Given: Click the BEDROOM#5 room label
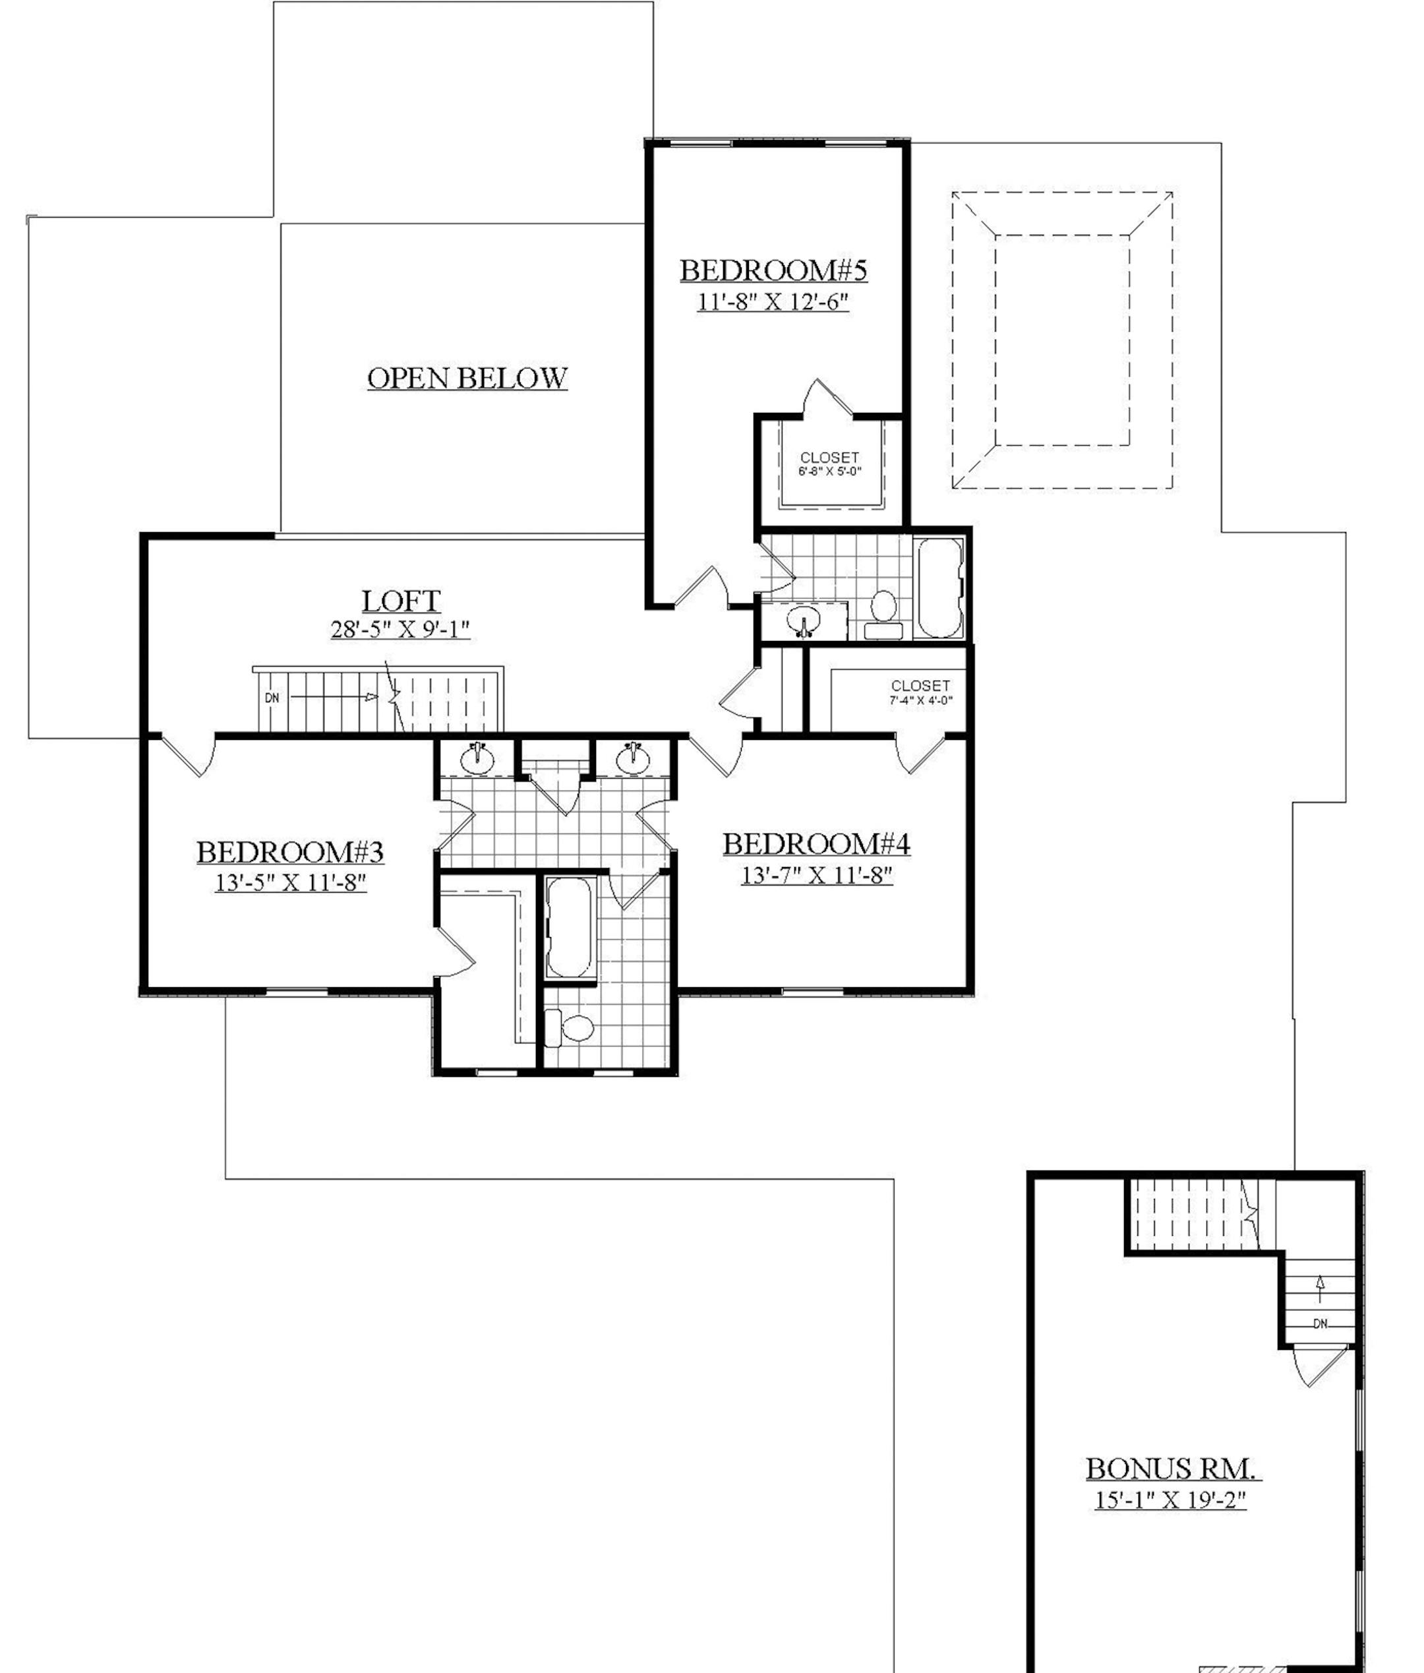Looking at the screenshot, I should tap(773, 270).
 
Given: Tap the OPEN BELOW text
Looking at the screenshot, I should tap(467, 378).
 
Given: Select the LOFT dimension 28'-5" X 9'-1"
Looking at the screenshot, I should tap(400, 629).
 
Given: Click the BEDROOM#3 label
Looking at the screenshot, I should tap(290, 852).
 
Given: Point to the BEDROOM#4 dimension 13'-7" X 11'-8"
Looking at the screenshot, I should tap(816, 875).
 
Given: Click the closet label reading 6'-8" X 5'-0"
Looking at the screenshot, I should tap(829, 471).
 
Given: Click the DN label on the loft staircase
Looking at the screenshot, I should tap(272, 698).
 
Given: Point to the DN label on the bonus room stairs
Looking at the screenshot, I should tap(1320, 1323).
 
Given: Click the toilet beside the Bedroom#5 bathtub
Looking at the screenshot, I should tap(883, 612).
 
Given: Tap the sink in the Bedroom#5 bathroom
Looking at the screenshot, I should tap(803, 623).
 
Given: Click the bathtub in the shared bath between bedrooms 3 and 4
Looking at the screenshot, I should tap(570, 927).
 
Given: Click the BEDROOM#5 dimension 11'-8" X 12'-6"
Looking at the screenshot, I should tap(773, 302).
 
